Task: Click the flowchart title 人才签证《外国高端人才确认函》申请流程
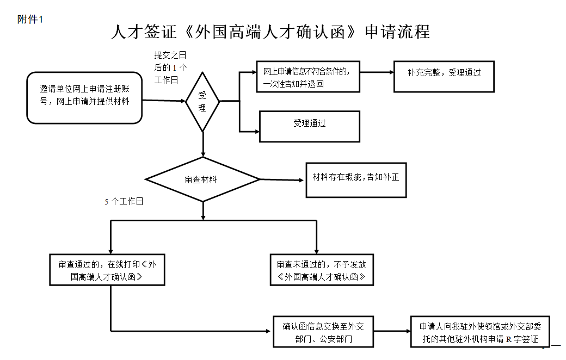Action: pos(270,32)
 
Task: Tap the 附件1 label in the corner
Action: pos(30,19)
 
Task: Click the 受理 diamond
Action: pos(202,101)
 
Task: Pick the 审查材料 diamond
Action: pos(202,179)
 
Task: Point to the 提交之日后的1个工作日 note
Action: pos(170,67)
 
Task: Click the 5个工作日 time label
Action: pos(124,201)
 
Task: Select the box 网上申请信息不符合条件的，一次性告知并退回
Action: pos(307,76)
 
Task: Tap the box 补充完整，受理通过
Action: pos(444,76)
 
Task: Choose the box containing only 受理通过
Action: pos(309,126)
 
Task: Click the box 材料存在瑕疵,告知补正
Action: pos(356,180)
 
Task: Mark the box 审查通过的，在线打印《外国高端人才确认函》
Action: pos(107,270)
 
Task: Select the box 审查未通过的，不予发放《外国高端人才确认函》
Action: pos(322,270)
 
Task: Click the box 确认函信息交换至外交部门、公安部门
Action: pos(323,332)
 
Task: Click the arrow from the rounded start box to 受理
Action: pos(164,101)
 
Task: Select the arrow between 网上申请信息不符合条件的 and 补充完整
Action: pos(377,72)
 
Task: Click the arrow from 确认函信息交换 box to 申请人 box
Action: pos(392,331)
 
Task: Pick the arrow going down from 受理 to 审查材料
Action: pos(203,144)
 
